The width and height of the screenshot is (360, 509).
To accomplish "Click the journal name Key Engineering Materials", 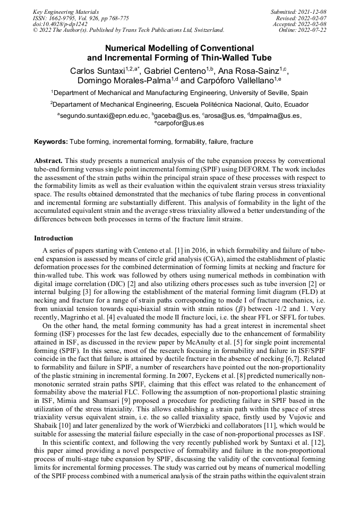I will pyautogui.click(x=66, y=11).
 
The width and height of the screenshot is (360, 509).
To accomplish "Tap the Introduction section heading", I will pyautogui.click(x=54, y=238).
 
